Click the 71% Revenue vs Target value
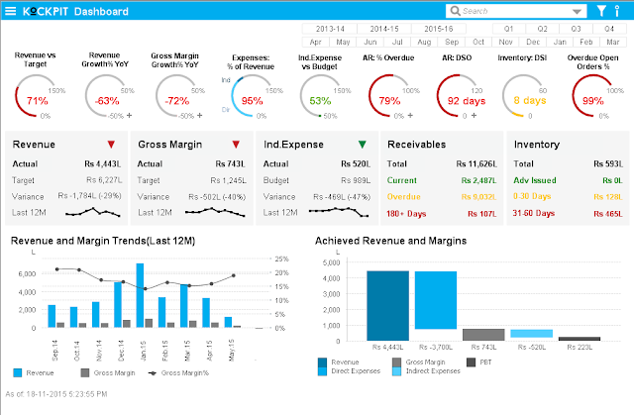[38, 101]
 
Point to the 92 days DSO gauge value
[467, 101]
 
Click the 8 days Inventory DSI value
[530, 101]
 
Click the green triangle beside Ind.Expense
[362, 145]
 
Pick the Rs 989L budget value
[356, 180]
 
